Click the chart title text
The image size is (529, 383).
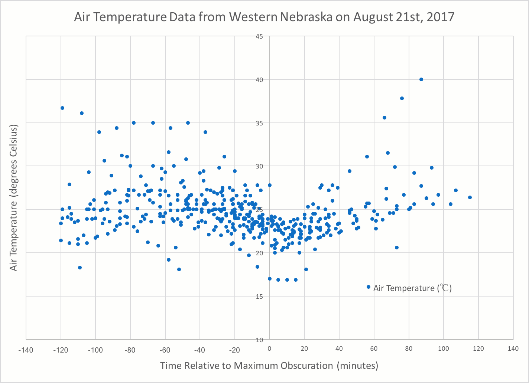264,17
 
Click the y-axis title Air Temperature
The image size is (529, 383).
14,198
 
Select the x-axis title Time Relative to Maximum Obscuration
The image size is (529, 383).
269,366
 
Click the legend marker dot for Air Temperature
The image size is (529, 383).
369,287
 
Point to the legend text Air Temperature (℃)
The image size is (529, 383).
412,288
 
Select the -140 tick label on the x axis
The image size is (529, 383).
26,349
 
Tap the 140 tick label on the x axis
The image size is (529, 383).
513,349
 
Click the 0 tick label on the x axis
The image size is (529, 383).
270,349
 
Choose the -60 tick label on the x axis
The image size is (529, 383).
165,349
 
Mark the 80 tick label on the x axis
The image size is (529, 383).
409,349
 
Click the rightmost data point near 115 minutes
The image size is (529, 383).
470,197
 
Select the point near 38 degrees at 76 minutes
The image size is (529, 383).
402,98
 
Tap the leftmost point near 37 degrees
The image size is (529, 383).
62,108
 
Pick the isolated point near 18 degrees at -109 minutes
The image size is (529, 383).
79,268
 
